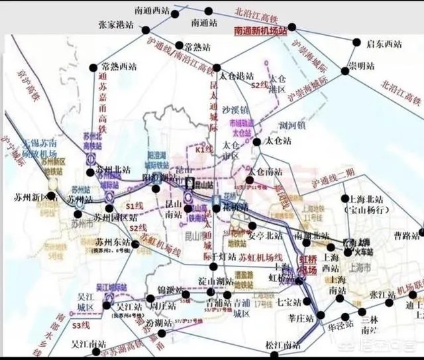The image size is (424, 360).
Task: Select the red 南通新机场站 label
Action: click(260, 30)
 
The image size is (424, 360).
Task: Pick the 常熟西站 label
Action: click(120, 67)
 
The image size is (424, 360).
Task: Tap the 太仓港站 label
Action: click(237, 76)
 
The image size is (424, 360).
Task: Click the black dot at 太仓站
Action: click(254, 141)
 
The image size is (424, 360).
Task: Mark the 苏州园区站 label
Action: click(115, 216)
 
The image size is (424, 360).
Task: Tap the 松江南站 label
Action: click(282, 345)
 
